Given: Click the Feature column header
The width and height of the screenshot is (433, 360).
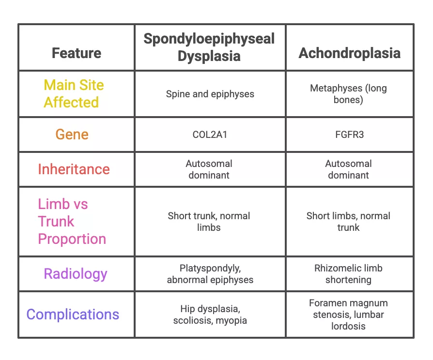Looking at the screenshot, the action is (77, 53).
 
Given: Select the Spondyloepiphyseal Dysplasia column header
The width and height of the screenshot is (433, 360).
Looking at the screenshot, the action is (209, 47).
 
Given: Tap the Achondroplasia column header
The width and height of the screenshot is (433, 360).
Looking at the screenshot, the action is (349, 53).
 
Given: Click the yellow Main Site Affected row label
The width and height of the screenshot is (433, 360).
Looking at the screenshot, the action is (74, 93).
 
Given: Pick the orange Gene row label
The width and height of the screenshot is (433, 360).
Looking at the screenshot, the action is (72, 135).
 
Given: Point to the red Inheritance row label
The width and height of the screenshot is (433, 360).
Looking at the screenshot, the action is (74, 169).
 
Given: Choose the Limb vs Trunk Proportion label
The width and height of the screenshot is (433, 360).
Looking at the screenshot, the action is (72, 221).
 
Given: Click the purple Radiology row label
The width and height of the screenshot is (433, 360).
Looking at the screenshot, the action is (76, 274).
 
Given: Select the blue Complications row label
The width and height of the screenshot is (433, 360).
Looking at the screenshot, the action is (73, 315).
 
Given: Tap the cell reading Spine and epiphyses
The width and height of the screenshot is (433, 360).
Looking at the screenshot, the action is (210, 94).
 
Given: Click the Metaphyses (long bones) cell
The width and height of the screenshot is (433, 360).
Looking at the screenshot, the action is (348, 94).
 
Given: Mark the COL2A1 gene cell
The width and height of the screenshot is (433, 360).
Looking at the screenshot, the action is (210, 135).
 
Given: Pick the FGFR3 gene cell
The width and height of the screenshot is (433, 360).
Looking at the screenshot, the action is (349, 135).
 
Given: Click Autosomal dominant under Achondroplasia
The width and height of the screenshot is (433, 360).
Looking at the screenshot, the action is (348, 169).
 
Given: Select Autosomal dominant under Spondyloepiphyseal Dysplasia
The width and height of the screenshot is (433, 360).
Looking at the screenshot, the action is (209, 169).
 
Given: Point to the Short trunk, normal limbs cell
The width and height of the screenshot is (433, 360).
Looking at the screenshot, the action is (209, 222).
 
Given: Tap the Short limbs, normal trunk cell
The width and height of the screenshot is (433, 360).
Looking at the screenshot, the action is (348, 222).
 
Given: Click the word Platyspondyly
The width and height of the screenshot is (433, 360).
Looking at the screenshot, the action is (210, 269).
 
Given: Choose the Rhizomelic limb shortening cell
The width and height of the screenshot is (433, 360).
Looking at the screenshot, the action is (348, 274).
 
